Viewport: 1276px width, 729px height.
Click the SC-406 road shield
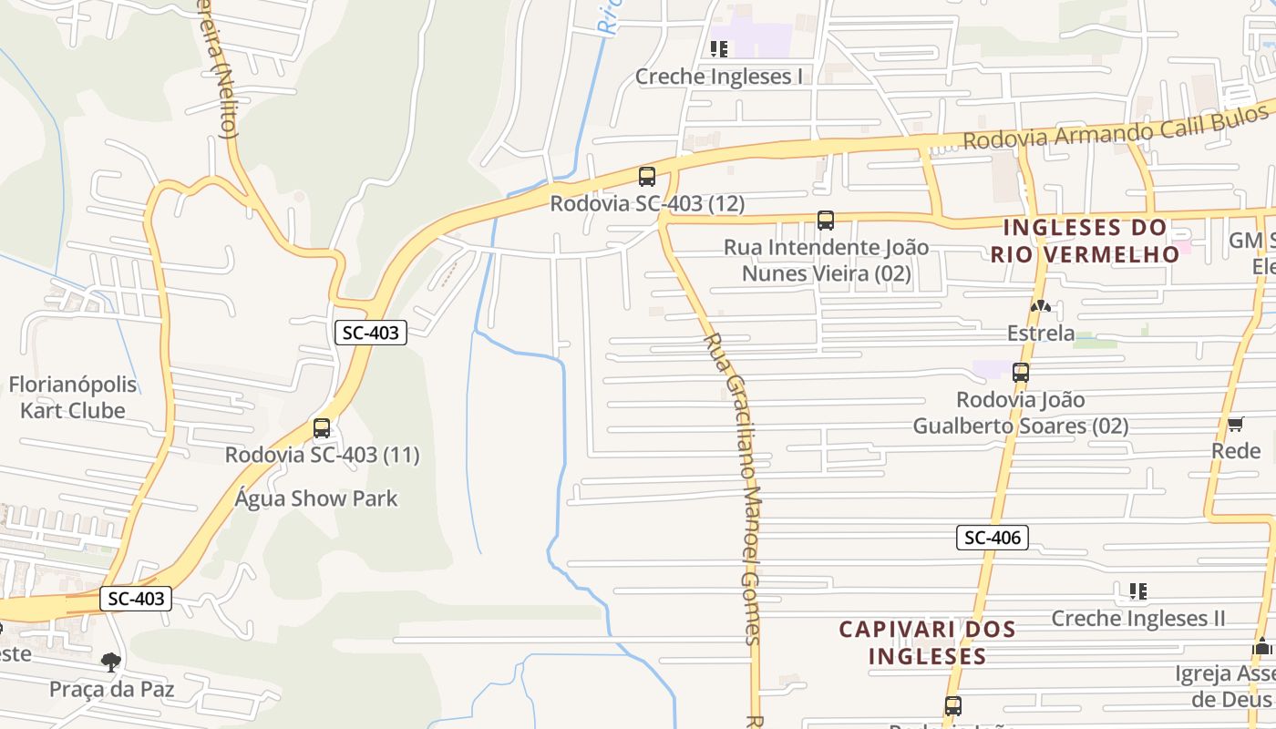[993, 538]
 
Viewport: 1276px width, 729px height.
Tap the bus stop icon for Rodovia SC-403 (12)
[647, 177]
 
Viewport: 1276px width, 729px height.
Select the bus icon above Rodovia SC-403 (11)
[322, 428]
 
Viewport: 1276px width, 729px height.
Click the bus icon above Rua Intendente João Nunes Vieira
[826, 220]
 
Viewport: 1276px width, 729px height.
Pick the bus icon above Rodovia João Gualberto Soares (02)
[1021, 372]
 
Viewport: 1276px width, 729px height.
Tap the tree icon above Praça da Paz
[111, 662]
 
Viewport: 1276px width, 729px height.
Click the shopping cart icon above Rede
[1236, 424]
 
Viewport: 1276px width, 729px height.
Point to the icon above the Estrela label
[1041, 306]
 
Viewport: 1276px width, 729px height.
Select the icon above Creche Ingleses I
[719, 48]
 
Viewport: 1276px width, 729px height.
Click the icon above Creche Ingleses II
[1137, 591]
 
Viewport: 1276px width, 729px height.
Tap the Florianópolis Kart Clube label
[73, 397]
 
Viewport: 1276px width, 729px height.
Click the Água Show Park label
[316, 498]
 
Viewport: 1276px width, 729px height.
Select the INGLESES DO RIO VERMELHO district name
[1085, 241]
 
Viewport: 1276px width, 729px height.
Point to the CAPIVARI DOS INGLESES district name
[927, 642]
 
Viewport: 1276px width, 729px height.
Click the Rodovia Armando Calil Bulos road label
[1116, 128]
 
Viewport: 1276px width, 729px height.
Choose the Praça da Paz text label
[111, 689]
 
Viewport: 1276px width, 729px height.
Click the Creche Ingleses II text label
[1138, 619]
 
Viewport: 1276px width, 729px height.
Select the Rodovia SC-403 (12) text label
[647, 204]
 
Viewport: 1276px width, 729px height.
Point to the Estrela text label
[1041, 334]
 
